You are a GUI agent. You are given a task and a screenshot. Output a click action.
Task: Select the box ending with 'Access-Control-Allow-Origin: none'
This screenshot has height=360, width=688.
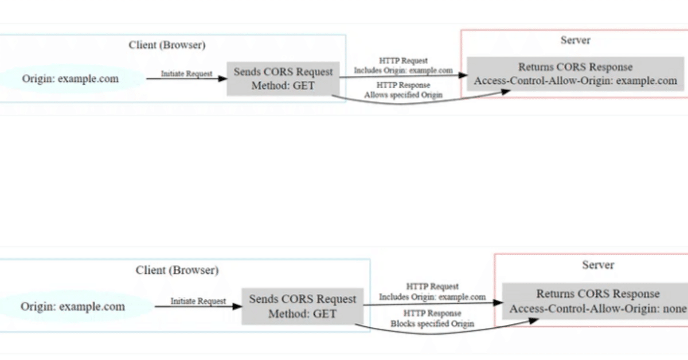click(x=596, y=302)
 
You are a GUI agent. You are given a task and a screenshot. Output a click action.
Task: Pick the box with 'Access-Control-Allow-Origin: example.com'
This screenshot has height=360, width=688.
click(x=575, y=74)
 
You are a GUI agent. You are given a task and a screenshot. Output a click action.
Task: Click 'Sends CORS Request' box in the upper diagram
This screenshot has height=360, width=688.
click(x=283, y=79)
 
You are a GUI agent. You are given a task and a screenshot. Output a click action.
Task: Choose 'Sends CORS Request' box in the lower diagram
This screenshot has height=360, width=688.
click(x=302, y=306)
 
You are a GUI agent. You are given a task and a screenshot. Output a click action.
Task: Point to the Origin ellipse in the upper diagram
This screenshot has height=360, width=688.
click(x=70, y=79)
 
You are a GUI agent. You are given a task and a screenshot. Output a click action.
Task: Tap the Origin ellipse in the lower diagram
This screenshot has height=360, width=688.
click(x=73, y=307)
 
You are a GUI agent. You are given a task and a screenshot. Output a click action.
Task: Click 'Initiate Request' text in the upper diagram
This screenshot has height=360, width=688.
click(x=186, y=73)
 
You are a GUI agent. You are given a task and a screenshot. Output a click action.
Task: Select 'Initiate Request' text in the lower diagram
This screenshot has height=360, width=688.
click(x=198, y=301)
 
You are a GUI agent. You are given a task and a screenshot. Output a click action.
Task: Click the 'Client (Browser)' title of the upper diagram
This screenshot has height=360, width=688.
click(x=167, y=45)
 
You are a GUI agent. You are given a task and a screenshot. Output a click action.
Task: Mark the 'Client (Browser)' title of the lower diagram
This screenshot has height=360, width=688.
click(x=177, y=270)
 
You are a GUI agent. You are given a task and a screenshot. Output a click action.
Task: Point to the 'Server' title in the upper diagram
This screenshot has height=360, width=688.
click(x=575, y=40)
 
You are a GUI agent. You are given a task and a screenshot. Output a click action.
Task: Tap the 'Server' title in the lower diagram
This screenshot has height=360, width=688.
click(x=598, y=265)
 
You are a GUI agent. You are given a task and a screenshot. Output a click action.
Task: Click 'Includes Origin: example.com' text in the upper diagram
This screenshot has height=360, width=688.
click(x=403, y=71)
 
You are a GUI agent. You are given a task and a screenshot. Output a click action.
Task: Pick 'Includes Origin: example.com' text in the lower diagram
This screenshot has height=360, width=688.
click(x=432, y=298)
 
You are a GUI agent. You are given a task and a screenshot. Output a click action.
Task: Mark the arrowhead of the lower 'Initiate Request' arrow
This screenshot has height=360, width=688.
click(x=237, y=307)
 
